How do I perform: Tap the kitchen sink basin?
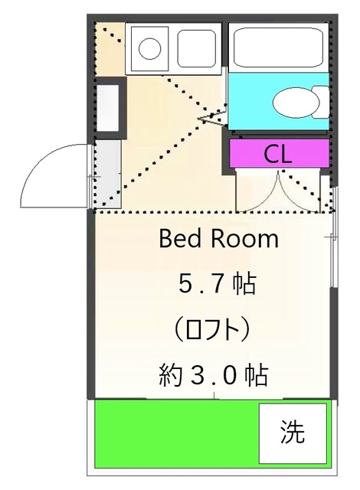(x=198, y=48)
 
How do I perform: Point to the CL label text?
(x=277, y=154)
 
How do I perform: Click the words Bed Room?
(x=218, y=240)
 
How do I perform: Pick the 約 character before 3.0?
(x=170, y=375)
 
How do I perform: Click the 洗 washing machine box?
(x=292, y=433)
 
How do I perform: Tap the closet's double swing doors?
(x=280, y=191)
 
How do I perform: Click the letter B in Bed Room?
(x=165, y=240)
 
